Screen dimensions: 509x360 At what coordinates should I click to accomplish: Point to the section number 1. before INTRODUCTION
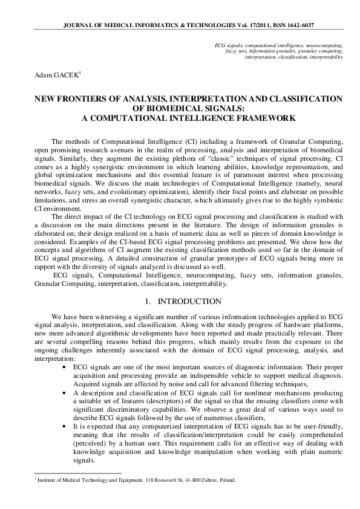click(148, 300)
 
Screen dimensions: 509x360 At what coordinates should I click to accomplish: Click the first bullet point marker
click(65, 367)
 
